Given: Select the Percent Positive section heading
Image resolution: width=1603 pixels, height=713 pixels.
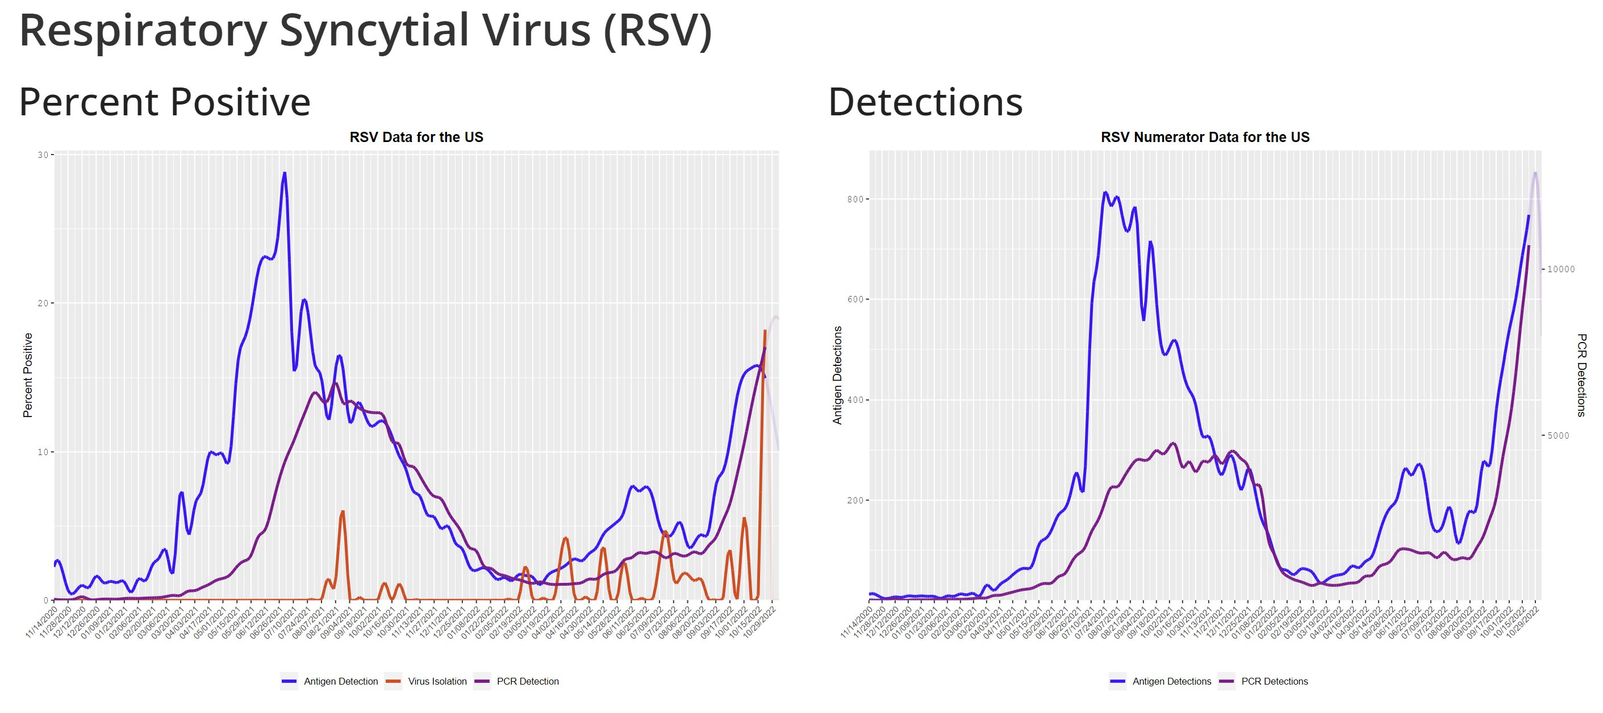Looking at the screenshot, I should click(x=164, y=102).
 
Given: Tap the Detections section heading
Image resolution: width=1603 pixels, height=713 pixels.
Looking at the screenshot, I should click(x=925, y=102).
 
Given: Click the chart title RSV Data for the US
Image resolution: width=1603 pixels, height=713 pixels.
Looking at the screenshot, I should click(x=416, y=137).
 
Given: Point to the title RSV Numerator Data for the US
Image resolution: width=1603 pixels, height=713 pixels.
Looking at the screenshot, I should click(x=1205, y=137).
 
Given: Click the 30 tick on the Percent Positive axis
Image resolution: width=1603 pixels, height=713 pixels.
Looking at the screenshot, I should click(x=43, y=155).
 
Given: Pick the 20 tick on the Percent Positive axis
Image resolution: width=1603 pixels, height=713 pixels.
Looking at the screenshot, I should click(x=43, y=303).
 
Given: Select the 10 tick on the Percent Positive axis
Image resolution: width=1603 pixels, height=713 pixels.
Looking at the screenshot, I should click(x=43, y=452).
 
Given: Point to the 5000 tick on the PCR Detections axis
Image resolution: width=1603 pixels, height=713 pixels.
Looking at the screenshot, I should click(x=1558, y=436).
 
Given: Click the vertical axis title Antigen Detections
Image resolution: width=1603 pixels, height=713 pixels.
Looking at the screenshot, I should click(x=838, y=375).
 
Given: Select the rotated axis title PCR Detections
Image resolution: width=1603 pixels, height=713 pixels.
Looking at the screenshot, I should click(x=1581, y=375).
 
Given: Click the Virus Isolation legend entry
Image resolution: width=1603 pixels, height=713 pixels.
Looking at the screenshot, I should click(x=437, y=681).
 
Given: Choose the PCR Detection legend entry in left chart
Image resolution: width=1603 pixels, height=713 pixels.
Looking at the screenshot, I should click(x=527, y=681).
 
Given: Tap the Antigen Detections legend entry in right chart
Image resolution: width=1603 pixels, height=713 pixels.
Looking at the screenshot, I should click(x=1171, y=681).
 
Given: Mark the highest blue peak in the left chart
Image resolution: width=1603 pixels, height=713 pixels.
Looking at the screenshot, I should click(x=285, y=174).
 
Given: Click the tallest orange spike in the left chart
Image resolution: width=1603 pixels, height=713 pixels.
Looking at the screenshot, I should click(x=765, y=331).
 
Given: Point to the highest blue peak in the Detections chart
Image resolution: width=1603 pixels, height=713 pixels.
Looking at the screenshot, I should click(x=1105, y=193).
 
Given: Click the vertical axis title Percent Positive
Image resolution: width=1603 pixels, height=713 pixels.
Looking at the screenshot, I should click(x=27, y=375).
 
